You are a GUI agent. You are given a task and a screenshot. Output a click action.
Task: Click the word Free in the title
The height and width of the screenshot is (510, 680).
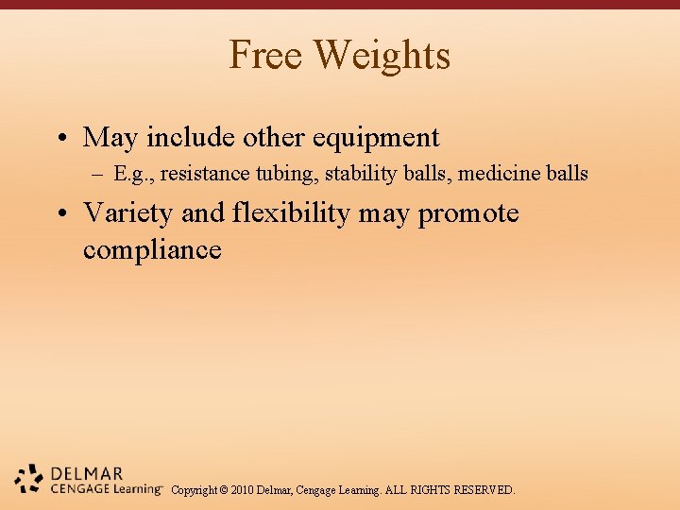tap(268, 55)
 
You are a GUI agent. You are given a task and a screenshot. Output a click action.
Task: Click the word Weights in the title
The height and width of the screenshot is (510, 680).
tap(382, 55)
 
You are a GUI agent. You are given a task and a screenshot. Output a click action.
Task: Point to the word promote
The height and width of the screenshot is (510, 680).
tap(468, 213)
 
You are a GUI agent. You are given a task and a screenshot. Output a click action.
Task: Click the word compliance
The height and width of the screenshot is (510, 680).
tap(152, 250)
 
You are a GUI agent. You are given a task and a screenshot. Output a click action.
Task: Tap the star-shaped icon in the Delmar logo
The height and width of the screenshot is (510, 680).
tap(29, 479)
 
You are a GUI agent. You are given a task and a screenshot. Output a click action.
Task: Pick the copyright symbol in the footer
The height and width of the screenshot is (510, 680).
tap(227, 490)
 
